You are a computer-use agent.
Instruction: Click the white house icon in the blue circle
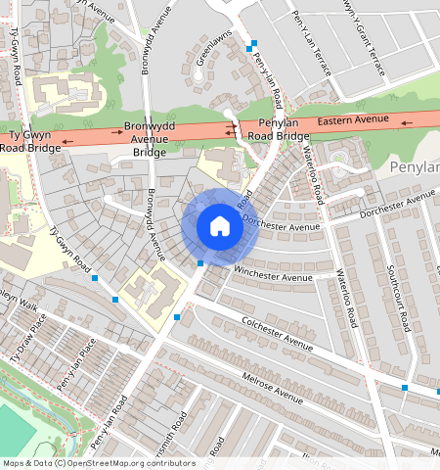(x=220, y=226)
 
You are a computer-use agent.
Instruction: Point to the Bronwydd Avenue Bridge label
(x=150, y=140)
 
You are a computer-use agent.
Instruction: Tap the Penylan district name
(x=415, y=168)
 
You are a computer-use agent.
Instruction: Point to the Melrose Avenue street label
(x=263, y=381)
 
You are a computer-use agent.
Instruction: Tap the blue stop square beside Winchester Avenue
(x=200, y=262)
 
